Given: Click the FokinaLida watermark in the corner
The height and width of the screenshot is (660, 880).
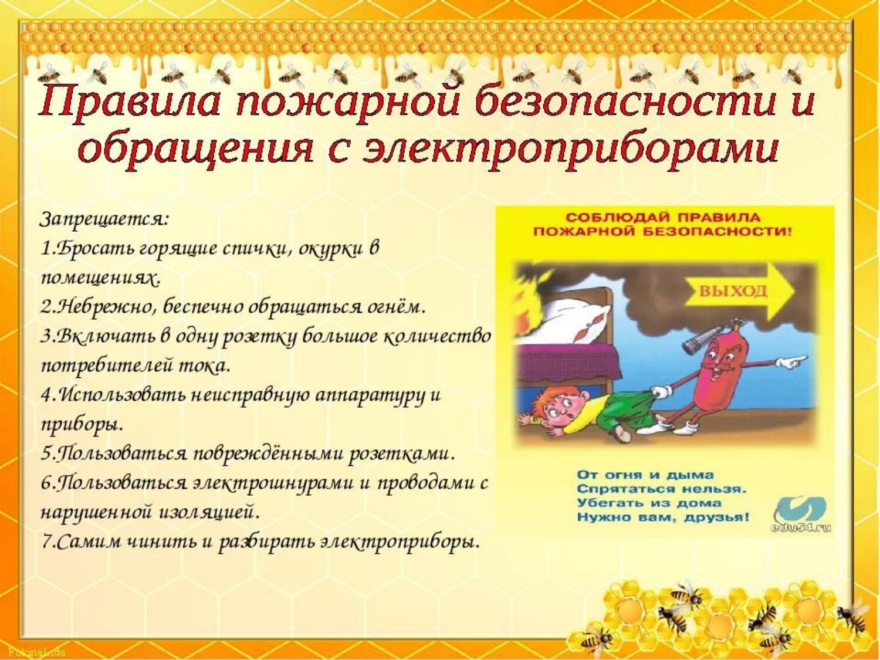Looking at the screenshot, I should [x=36, y=652].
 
